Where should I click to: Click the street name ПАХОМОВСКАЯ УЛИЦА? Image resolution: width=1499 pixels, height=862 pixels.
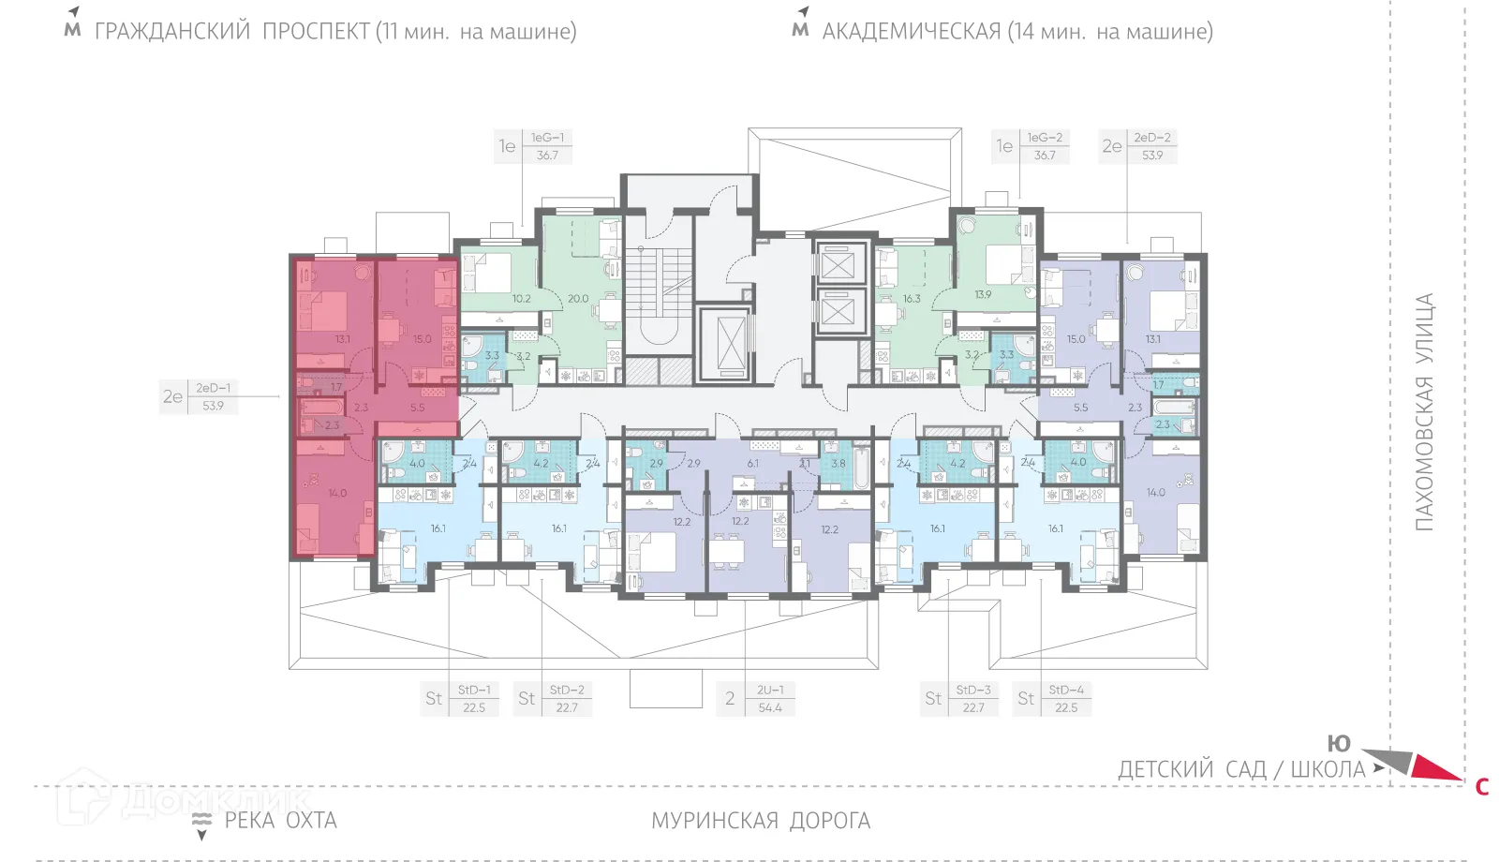tap(1424, 412)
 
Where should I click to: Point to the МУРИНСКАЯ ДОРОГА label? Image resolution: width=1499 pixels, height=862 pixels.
tap(761, 821)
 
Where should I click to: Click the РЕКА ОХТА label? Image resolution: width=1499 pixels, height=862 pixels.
tap(280, 821)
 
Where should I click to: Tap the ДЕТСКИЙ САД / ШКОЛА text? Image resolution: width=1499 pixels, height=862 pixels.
tap(1241, 769)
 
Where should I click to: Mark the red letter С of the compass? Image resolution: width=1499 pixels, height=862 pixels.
tap(1481, 787)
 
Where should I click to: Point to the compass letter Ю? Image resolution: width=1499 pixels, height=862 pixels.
tap(1339, 744)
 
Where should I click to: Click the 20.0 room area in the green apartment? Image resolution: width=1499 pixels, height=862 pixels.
tap(578, 299)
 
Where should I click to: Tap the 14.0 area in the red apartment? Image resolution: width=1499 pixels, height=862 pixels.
tap(337, 493)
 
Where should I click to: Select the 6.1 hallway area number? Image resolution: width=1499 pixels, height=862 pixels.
tap(753, 463)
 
